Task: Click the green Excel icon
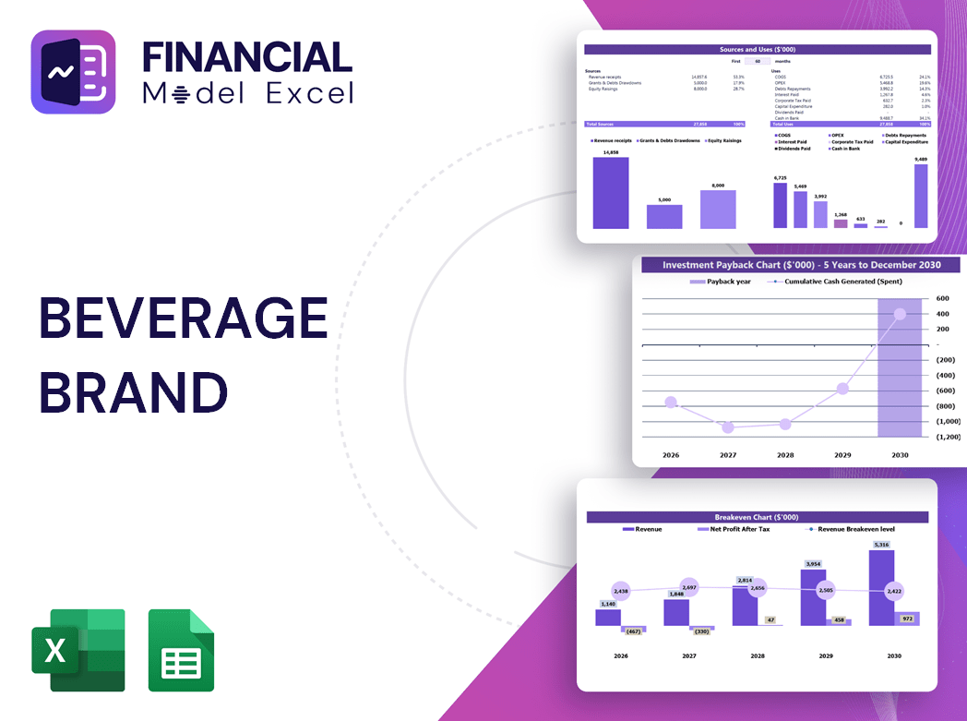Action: tap(78, 650)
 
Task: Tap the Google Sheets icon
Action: tap(181, 650)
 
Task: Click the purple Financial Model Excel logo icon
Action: tap(73, 72)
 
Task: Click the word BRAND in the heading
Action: tap(133, 391)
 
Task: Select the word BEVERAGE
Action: tap(183, 319)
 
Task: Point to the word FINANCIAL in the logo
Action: tap(247, 57)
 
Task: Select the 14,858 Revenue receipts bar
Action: tap(611, 193)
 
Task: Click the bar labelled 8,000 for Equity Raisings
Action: tap(718, 210)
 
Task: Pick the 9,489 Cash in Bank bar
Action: tap(921, 197)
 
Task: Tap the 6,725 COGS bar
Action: tap(781, 205)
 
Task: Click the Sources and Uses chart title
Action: tap(758, 49)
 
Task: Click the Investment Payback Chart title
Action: tap(801, 265)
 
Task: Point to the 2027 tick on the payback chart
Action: tap(728, 455)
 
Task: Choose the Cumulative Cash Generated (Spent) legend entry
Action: tap(837, 282)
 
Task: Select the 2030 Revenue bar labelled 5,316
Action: tap(881, 588)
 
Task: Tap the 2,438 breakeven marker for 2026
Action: tap(620, 591)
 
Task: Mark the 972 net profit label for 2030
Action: tap(906, 618)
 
